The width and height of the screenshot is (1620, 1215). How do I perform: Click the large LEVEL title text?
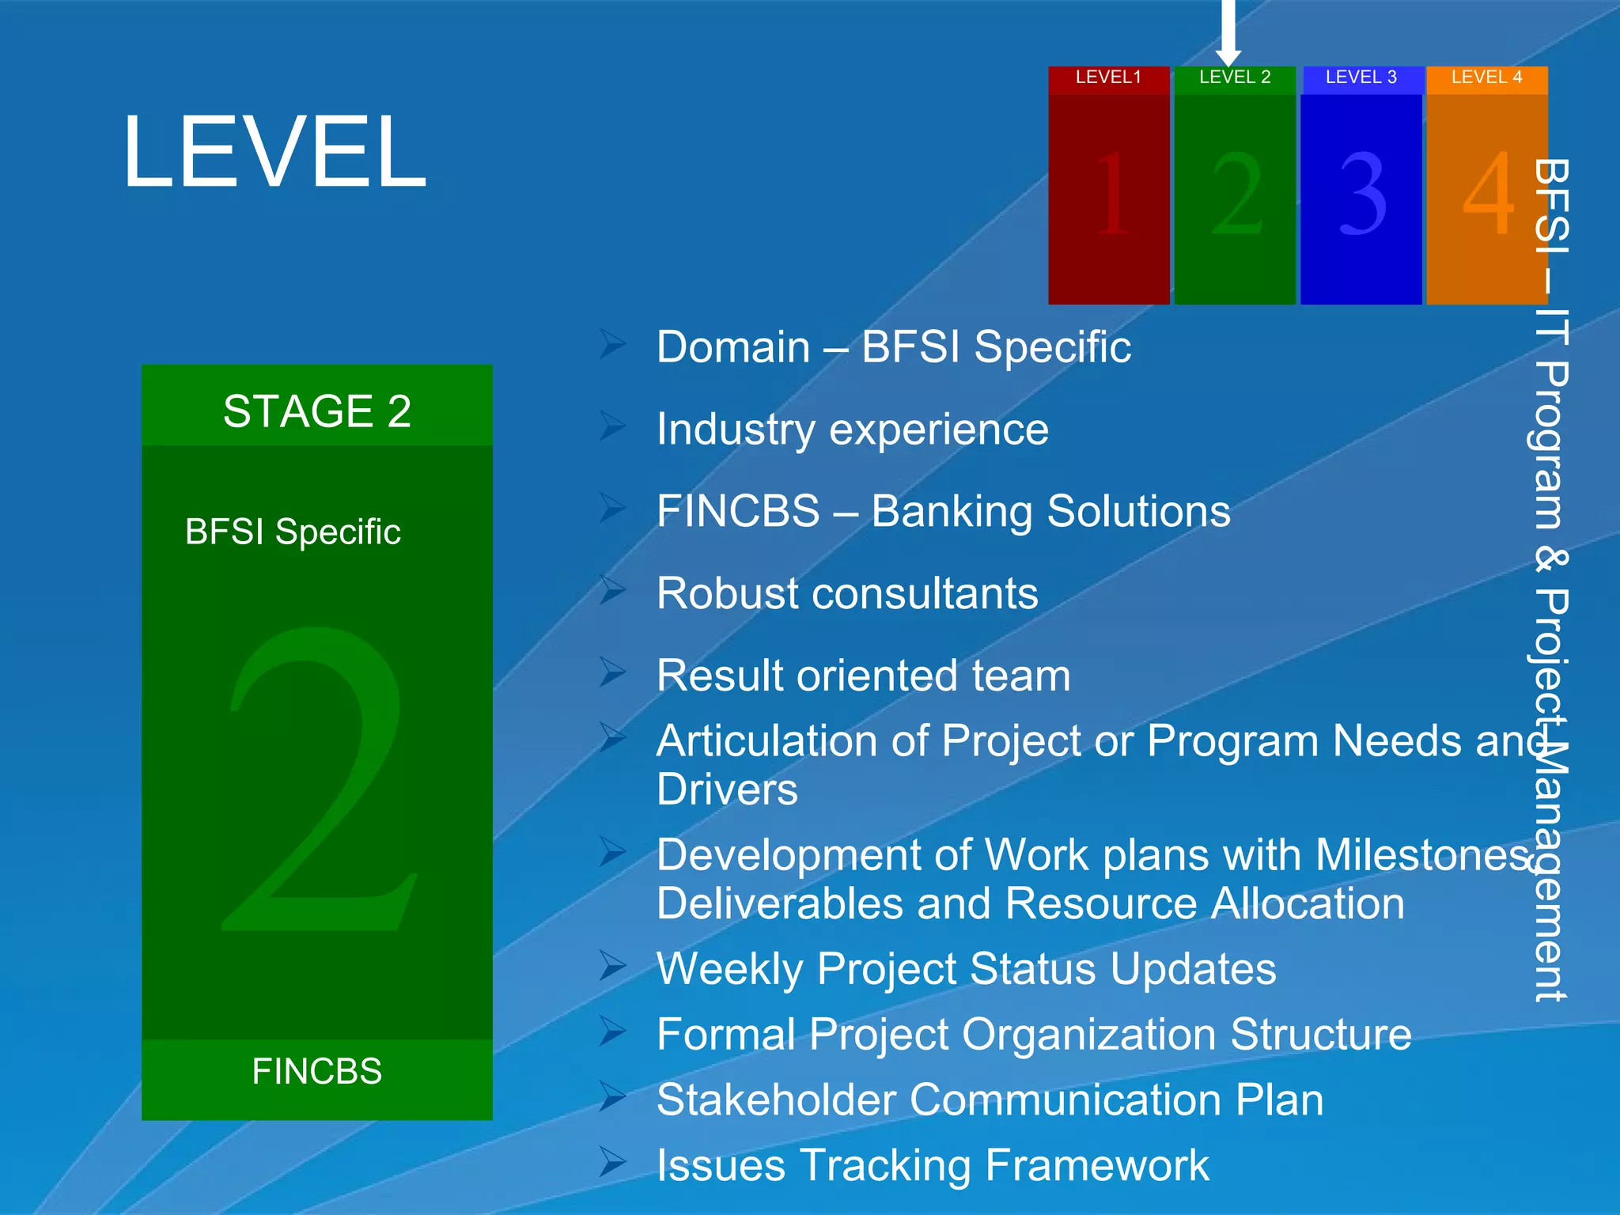[x=274, y=152]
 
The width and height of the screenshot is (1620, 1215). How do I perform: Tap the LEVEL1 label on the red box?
[x=1108, y=78]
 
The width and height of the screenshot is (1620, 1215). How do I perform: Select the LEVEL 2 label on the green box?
[x=1234, y=78]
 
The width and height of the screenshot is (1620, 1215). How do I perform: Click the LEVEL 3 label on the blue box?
[x=1361, y=78]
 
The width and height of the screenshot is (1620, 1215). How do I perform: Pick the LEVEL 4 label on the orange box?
[x=1486, y=78]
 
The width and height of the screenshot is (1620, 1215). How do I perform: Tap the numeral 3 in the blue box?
[x=1362, y=194]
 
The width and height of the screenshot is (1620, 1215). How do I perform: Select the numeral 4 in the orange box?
[x=1487, y=194]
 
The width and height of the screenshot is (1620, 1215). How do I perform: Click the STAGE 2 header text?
[x=316, y=411]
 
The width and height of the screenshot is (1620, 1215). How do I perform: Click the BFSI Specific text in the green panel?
[x=293, y=532]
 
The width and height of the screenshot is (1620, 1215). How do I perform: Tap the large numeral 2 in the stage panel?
[x=318, y=779]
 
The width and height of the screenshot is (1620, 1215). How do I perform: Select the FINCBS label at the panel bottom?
[x=316, y=1072]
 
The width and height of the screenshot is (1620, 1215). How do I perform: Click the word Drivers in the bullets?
[x=727, y=790]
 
